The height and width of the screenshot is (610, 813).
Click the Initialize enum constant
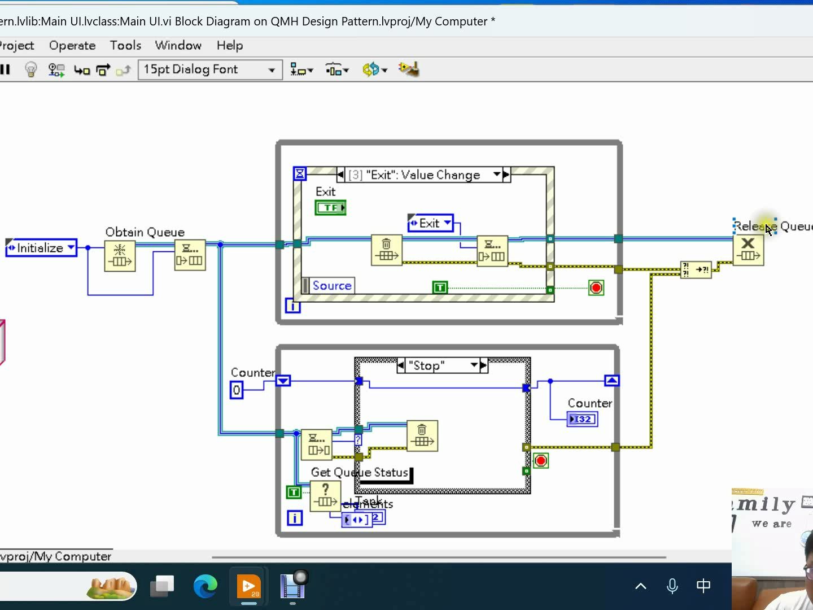pos(41,248)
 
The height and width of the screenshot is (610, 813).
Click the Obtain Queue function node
pos(120,256)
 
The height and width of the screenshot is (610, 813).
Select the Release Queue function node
pos(748,250)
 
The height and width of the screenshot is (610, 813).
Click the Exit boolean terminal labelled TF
pos(330,208)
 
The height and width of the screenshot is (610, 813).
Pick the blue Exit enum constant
pos(430,223)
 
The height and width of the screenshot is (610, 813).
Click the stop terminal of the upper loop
pos(596,288)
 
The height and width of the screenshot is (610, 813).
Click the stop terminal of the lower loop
pos(540,461)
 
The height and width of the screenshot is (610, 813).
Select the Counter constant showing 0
pos(237,390)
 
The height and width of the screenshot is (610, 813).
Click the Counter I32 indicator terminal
pos(582,419)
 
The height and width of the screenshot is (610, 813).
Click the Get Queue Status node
pos(325,496)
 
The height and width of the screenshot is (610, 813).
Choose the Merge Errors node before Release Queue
pos(696,269)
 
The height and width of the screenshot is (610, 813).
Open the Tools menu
pos(125,45)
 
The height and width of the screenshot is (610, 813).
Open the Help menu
pos(230,45)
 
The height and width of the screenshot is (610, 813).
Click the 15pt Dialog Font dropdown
pos(209,69)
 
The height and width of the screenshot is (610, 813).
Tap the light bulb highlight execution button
pos(31,69)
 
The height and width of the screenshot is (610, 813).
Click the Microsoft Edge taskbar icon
pos(205,586)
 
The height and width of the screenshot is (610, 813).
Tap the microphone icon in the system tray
pos(672,586)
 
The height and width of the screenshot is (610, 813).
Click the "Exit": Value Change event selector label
pos(423,175)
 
